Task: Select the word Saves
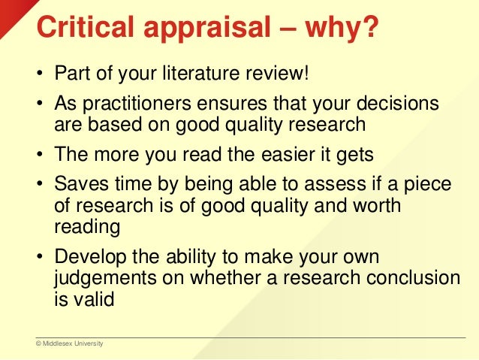click(79, 183)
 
